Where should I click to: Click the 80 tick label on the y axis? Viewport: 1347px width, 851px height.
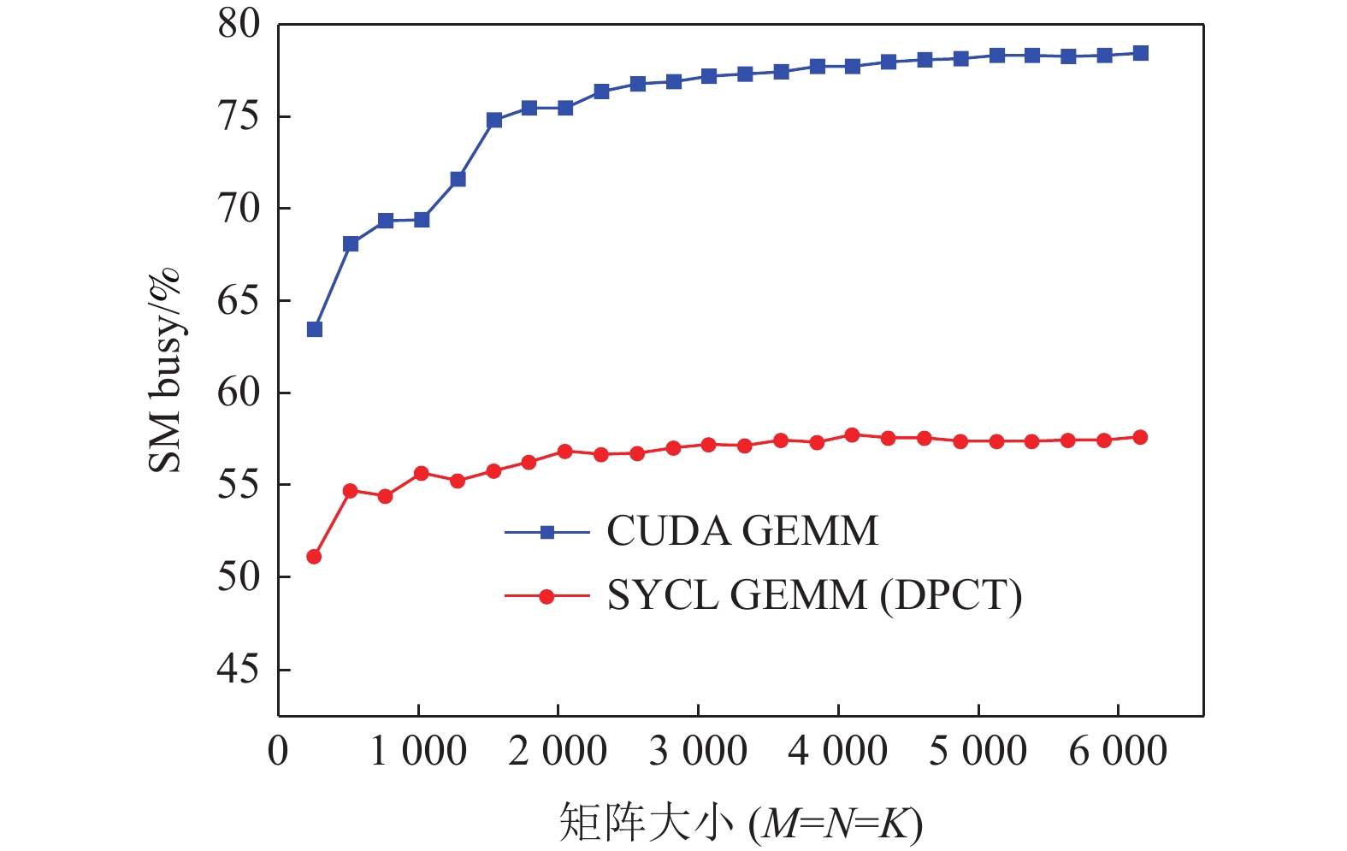[x=238, y=25]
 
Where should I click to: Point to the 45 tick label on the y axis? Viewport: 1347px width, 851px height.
[x=238, y=670]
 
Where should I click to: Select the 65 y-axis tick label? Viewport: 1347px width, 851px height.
[x=238, y=301]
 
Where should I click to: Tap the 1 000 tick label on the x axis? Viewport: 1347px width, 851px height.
[x=418, y=752]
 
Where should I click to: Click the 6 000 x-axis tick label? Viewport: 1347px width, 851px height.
[x=1118, y=752]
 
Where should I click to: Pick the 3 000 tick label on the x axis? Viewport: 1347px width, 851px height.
[x=698, y=752]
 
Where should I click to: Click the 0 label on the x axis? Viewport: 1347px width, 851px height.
[x=278, y=752]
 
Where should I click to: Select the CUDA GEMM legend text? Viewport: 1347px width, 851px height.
[x=741, y=531]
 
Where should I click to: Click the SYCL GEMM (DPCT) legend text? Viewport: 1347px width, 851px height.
[x=814, y=595]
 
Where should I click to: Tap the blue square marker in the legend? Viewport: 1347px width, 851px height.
[x=547, y=532]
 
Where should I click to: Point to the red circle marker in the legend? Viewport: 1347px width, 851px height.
[x=547, y=596]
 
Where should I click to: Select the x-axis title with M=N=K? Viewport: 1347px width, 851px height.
[x=741, y=823]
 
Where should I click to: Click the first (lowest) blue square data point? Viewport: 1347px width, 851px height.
[x=315, y=329]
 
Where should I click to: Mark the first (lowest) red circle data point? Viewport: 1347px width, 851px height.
[x=314, y=557]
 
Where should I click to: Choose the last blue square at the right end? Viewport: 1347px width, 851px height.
[x=1140, y=53]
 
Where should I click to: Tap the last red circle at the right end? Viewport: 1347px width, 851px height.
[x=1140, y=437]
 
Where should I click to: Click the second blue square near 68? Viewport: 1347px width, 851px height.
[x=351, y=244]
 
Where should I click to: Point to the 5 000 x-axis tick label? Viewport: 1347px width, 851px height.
[x=978, y=752]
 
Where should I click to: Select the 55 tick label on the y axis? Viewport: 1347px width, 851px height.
[x=238, y=485]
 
